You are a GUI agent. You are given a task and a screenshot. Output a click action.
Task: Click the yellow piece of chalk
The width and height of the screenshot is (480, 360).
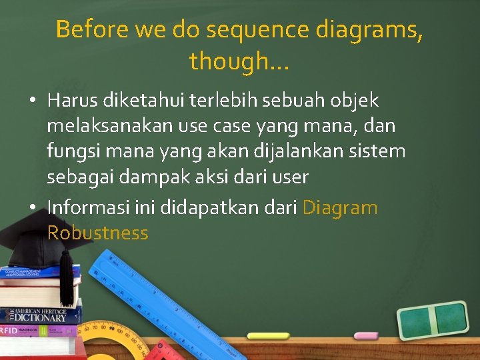click(269, 335)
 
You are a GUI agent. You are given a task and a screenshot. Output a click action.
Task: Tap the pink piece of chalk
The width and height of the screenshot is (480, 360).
click(366, 335)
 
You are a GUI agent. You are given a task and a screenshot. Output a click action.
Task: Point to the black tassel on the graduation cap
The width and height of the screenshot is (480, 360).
click(66, 280)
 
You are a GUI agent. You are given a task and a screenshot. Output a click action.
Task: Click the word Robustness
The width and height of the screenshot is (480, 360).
click(97, 233)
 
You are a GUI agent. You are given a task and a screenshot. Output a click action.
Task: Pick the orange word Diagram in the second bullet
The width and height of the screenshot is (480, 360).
click(340, 207)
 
